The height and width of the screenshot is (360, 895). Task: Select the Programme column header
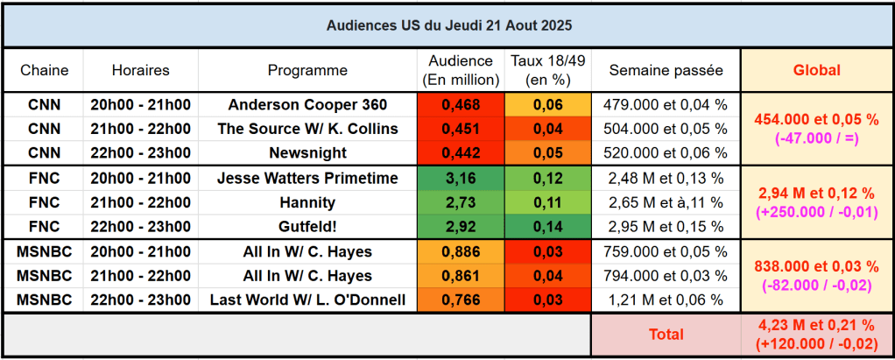307,70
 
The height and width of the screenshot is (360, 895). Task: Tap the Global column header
816,70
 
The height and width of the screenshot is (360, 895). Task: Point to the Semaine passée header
666,70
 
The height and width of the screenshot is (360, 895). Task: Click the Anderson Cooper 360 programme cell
307,104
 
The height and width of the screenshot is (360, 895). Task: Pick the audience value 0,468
461,104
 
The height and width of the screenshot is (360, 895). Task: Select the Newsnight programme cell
307,152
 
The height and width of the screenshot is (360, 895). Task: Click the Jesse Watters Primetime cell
307,179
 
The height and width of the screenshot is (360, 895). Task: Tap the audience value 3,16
461,179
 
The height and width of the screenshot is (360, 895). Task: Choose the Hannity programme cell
307,202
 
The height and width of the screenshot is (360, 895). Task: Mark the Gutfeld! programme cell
307,226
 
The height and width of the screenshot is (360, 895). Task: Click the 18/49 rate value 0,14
547,226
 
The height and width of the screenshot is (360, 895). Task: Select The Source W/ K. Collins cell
307,129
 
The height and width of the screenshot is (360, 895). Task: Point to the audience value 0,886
461,252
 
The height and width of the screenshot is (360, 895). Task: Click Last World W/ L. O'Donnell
307,300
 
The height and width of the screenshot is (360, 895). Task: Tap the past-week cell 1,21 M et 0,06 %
666,300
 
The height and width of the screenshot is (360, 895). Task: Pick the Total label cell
666,334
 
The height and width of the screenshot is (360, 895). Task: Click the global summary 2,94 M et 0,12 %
816,192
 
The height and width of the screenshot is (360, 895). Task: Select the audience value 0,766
461,300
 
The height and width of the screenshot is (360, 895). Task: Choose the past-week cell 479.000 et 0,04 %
666,104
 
